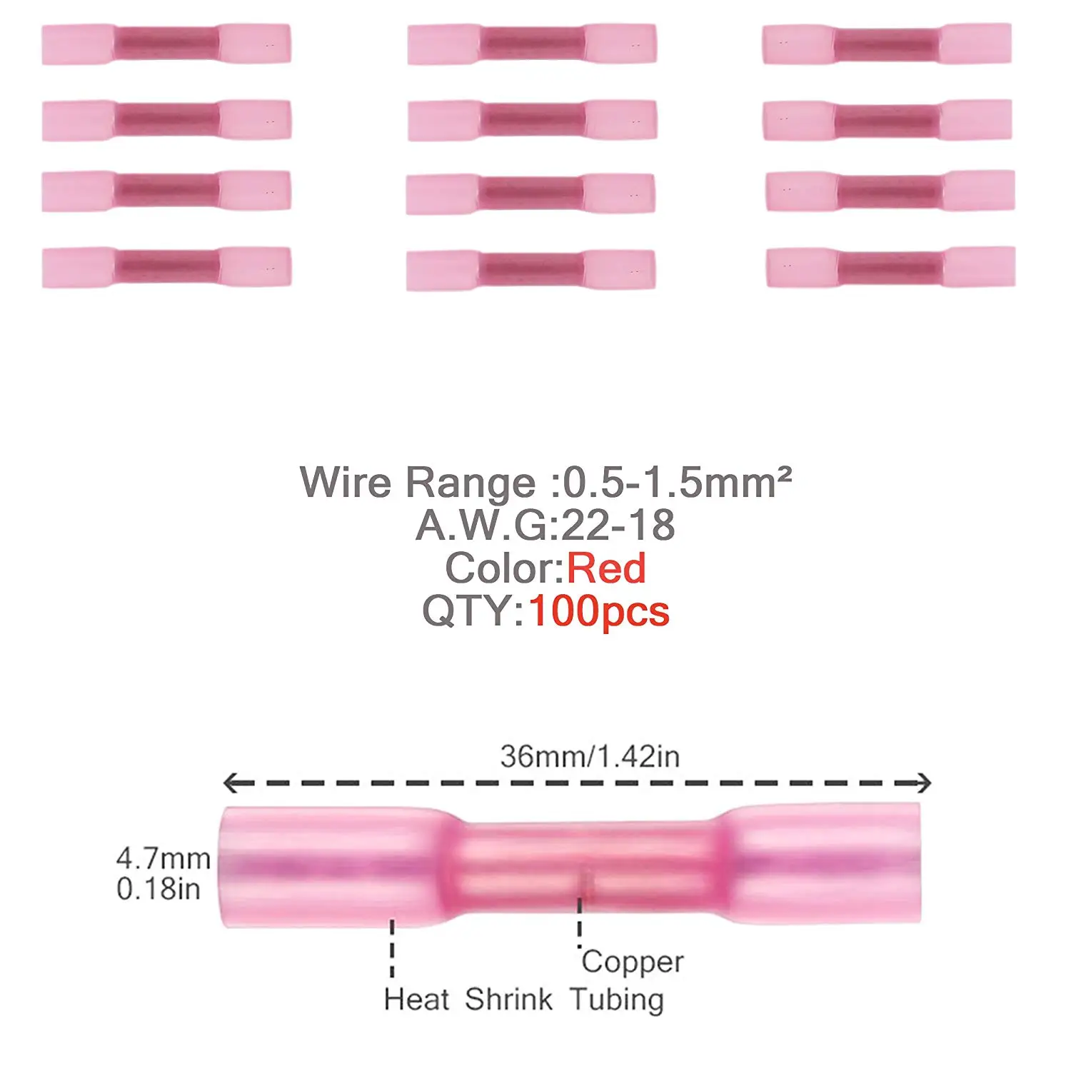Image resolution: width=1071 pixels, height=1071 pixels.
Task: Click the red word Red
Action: tap(606, 568)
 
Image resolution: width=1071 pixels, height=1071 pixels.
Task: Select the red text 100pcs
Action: tap(599, 611)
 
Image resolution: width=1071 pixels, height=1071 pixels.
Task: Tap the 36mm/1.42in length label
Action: tap(590, 756)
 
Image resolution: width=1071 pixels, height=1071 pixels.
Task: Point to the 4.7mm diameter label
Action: tap(164, 858)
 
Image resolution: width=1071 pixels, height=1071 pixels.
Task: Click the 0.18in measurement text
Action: tap(159, 889)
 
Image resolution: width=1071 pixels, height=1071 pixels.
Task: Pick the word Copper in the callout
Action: tap(633, 962)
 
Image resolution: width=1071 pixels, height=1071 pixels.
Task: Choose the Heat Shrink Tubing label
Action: tap(523, 999)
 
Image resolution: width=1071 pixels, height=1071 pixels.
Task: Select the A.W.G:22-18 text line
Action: tap(545, 526)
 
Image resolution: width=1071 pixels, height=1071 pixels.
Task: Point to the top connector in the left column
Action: tap(166, 44)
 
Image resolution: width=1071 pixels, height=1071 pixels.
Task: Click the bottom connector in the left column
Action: tap(166, 268)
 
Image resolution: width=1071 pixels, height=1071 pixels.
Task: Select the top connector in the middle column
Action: tap(532, 44)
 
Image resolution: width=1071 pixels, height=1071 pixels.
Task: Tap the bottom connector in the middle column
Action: tap(531, 271)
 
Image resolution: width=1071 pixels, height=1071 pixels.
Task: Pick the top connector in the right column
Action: tap(887, 44)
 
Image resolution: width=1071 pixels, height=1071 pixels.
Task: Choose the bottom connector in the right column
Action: tap(890, 268)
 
